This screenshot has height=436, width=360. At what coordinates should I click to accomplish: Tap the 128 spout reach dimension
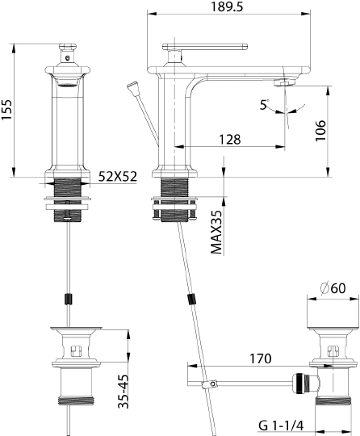tap(230, 140)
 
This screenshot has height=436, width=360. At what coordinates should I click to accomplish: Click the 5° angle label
tap(265, 104)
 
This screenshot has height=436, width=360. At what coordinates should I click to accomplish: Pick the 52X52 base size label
tap(116, 175)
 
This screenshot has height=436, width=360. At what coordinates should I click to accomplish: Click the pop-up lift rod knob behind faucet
tap(134, 86)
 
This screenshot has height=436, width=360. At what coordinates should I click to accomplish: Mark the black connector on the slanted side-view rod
tap(191, 300)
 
